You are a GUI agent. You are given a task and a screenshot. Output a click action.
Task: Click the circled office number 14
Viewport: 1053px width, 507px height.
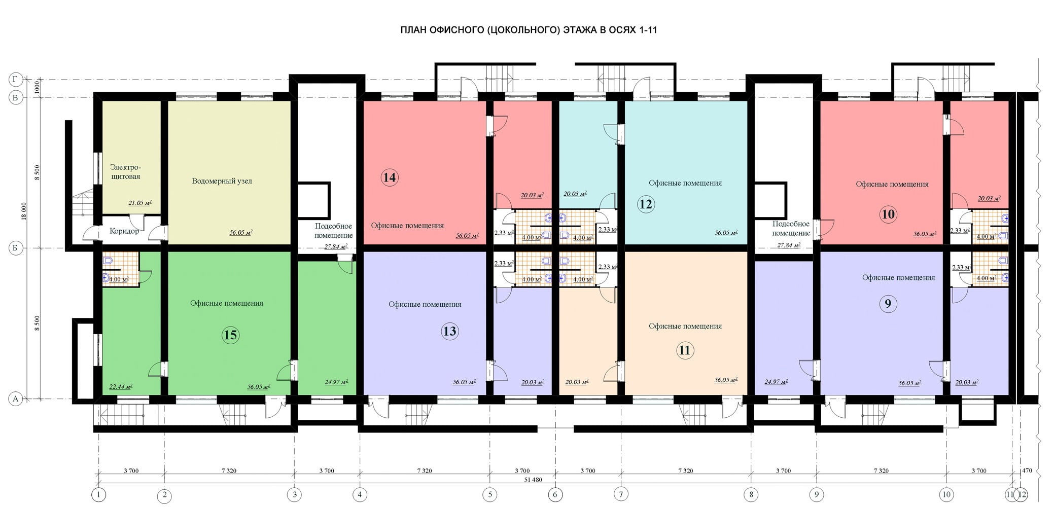pos(390,177)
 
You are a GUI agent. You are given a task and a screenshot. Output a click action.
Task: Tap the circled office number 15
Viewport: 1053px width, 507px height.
pos(230,335)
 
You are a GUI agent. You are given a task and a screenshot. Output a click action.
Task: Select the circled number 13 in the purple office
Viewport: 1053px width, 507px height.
pos(450,332)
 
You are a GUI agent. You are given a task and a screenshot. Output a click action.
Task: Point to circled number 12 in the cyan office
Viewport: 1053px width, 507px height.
pos(646,204)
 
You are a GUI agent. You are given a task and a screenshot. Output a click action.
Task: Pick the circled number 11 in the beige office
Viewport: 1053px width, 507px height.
pos(685,350)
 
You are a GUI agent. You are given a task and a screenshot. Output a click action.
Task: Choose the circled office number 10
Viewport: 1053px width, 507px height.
pos(888,214)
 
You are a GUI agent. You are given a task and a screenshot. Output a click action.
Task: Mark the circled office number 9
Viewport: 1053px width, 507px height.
pos(888,304)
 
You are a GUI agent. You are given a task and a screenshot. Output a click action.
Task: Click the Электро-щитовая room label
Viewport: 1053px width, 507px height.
pos(125,172)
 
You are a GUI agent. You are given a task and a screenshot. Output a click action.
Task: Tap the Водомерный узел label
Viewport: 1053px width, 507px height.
pos(222,181)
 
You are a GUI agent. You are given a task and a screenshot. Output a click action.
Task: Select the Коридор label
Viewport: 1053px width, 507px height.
pos(124,231)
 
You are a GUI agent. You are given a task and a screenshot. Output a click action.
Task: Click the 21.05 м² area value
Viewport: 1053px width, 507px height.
pos(140,203)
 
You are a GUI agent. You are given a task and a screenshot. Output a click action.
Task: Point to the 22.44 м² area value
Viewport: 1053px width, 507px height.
pos(121,387)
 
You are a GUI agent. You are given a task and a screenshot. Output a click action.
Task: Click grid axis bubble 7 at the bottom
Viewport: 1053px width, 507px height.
pos(620,494)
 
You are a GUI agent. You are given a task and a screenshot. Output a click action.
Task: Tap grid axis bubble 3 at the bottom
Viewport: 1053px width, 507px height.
pos(294,494)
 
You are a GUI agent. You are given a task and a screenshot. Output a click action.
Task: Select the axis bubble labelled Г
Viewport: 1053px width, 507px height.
pos(16,80)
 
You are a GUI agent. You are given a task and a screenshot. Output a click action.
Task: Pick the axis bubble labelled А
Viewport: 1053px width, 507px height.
pos(16,399)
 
